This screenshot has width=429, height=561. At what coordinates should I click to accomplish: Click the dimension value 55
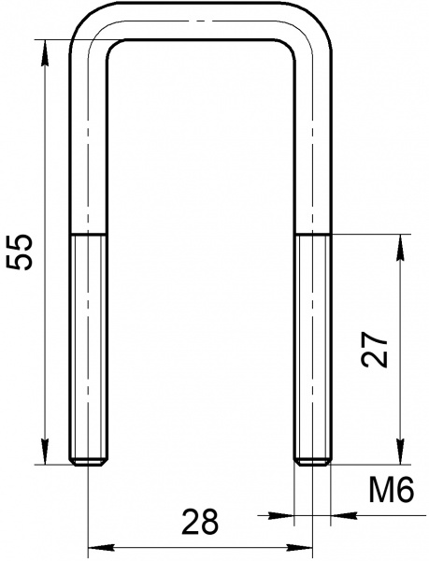21,252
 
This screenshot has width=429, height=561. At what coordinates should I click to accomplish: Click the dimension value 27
374,349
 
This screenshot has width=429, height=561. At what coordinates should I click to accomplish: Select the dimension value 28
200,522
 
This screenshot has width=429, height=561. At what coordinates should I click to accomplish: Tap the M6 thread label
392,489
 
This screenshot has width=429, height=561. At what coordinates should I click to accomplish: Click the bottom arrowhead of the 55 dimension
45,452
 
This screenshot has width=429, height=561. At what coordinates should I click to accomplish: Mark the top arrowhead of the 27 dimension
400,248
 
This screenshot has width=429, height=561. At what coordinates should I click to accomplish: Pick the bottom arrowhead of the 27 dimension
400,452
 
